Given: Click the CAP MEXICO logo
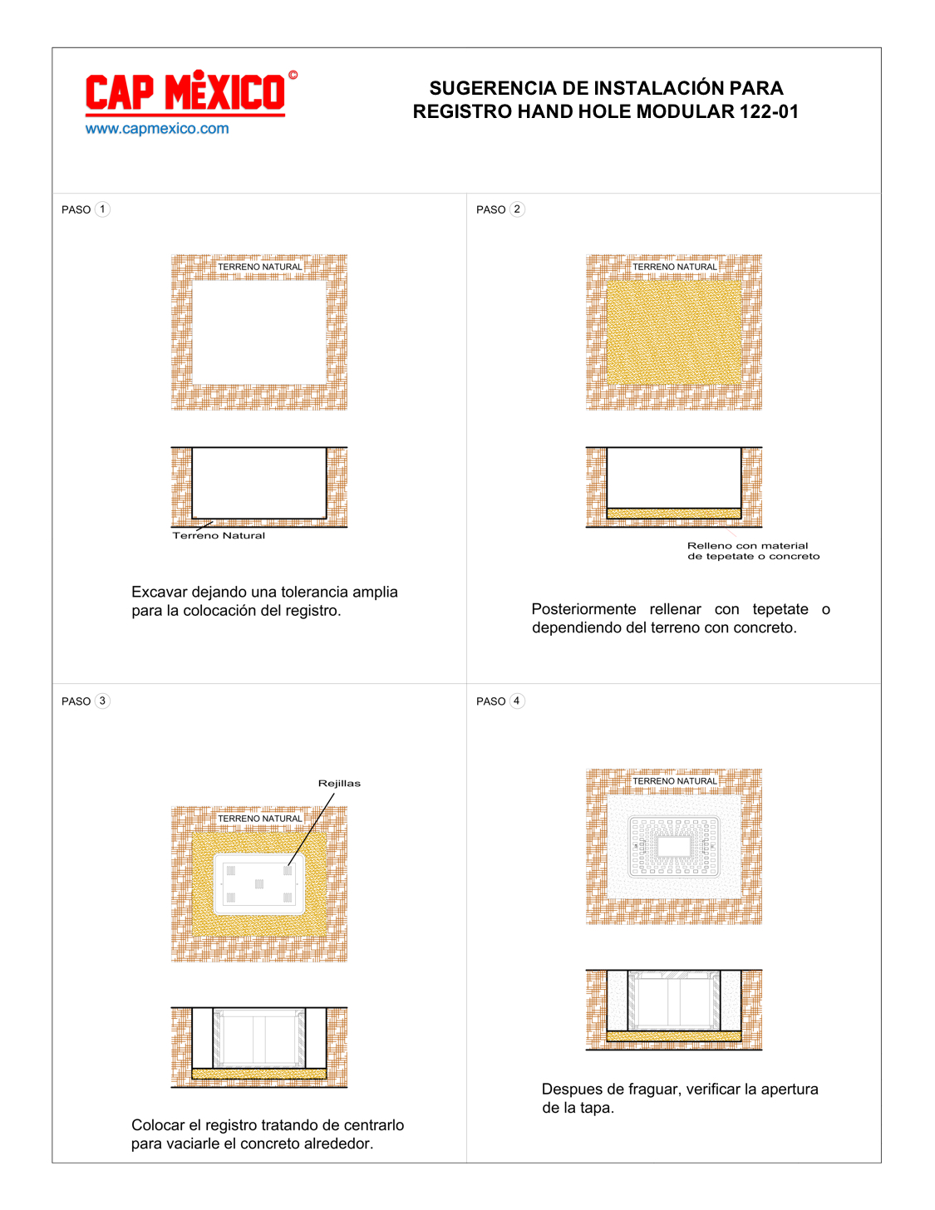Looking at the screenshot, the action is click(x=185, y=93).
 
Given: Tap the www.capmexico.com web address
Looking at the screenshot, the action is click(x=157, y=129).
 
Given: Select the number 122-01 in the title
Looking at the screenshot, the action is click(x=769, y=111).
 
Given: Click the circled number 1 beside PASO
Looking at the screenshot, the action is click(x=102, y=209).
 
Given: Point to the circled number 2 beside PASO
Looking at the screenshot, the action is click(x=517, y=209).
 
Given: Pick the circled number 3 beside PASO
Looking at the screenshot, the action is click(x=102, y=701).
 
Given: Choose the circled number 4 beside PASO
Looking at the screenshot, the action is click(x=517, y=701).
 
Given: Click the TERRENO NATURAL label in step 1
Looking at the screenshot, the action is click(x=259, y=267).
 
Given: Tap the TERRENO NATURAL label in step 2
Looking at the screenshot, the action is click(x=674, y=267).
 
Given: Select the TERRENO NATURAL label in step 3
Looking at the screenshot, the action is click(x=259, y=818).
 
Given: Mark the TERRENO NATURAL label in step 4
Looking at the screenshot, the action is click(x=674, y=780).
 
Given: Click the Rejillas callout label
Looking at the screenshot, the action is click(x=339, y=784).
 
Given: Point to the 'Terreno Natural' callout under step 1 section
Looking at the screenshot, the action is click(x=219, y=536).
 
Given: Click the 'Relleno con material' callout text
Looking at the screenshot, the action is click(x=747, y=546).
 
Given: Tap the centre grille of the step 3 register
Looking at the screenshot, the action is click(x=259, y=883).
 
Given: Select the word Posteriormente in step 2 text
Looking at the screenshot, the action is click(x=583, y=609).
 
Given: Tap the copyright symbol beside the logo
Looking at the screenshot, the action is click(x=293, y=75).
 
